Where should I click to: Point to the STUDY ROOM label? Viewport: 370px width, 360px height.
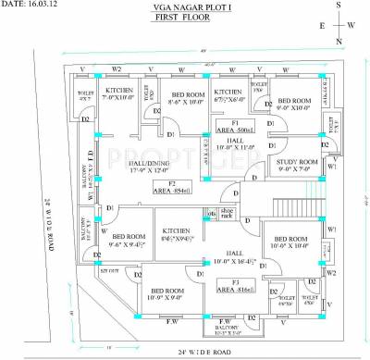pos(297,165)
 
